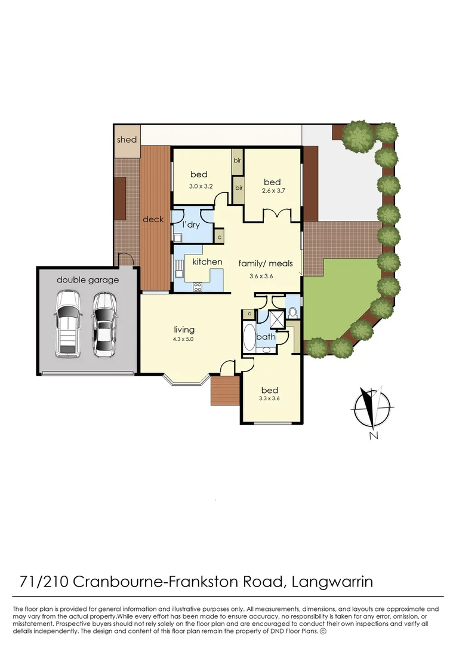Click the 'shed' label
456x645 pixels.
click(x=127, y=140)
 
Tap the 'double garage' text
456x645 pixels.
click(x=88, y=279)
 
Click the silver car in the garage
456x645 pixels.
click(x=105, y=325)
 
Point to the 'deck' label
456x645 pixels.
click(x=153, y=220)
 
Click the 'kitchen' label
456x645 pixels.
click(x=207, y=262)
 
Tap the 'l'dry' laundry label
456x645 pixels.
click(x=191, y=225)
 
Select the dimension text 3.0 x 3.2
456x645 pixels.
click(x=199, y=186)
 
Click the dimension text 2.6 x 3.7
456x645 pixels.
click(x=272, y=192)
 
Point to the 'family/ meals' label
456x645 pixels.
click(x=266, y=263)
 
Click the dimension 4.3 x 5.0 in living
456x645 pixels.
click(x=184, y=339)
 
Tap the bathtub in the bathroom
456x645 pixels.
click(x=249, y=339)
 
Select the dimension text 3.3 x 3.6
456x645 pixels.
click(x=269, y=398)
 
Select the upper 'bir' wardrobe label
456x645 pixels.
click(x=238, y=161)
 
